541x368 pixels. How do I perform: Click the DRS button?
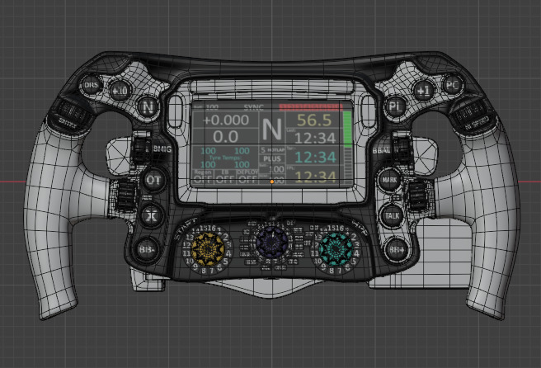point(90,85)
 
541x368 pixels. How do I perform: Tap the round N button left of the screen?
point(148,106)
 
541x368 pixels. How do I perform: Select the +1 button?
point(422,89)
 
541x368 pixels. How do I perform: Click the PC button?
point(451,85)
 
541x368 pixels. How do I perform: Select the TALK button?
point(390,215)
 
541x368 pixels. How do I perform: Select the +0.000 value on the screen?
point(225,120)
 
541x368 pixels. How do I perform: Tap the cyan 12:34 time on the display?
point(314,157)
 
